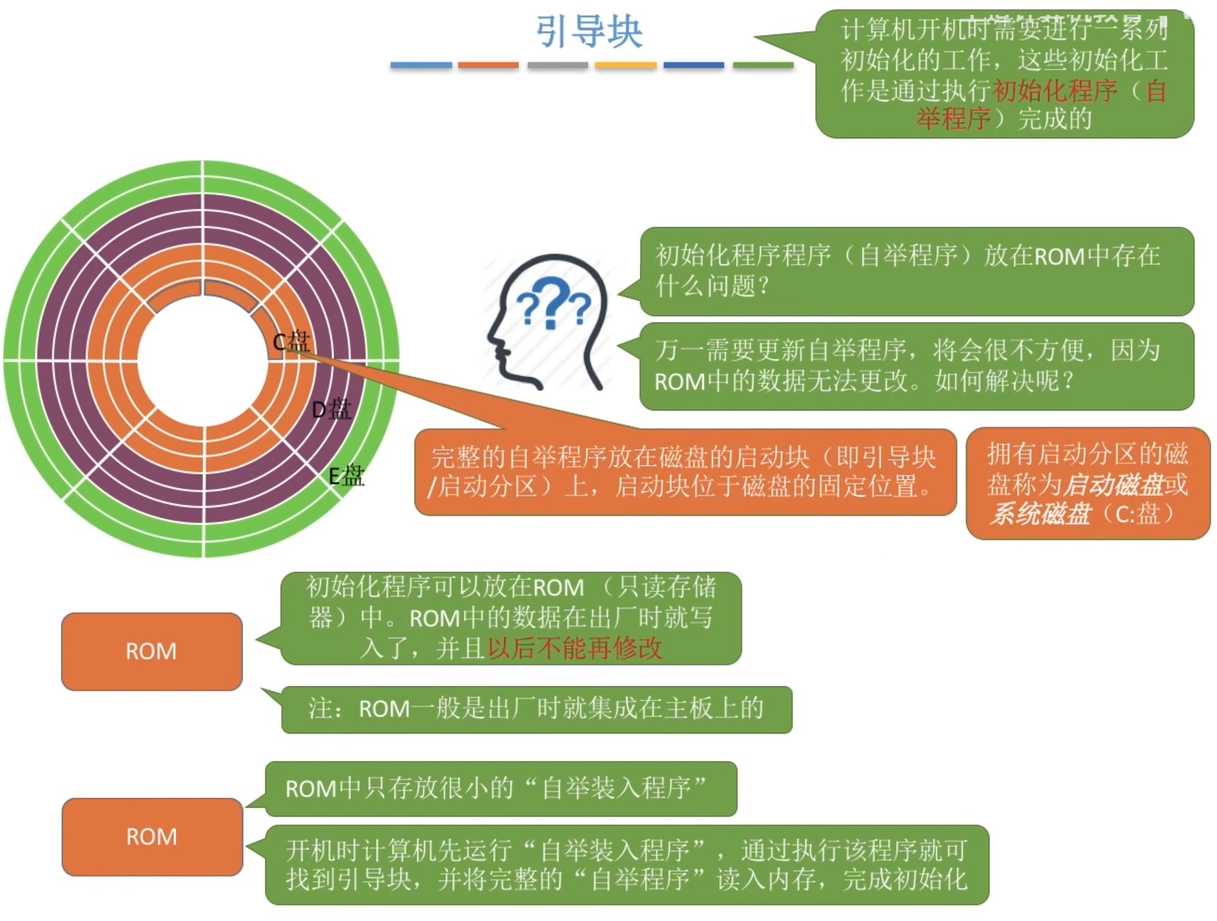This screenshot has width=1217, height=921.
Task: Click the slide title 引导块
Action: [588, 32]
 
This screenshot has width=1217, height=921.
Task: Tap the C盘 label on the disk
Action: [292, 342]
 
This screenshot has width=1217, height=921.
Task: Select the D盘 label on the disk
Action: [331, 409]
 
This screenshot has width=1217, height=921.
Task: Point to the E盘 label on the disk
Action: [347, 476]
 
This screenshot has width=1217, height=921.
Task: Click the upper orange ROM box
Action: [152, 651]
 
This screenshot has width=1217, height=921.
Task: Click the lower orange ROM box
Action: [152, 837]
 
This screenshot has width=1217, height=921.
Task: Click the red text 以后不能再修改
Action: [575, 648]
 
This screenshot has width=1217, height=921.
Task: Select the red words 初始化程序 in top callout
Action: [1055, 90]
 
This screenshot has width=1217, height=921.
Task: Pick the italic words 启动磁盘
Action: [1113, 485]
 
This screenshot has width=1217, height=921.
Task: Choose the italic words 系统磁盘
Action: [1040, 513]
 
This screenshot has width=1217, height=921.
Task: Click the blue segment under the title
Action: [421, 65]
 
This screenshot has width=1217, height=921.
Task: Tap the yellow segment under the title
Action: [625, 65]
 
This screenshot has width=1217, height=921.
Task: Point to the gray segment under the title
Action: [557, 65]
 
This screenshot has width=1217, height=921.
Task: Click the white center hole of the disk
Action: [203, 360]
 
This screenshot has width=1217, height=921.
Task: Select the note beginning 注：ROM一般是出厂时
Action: [536, 708]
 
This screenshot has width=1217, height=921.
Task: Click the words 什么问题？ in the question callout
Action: [712, 286]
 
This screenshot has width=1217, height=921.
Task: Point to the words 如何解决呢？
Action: [1004, 381]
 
